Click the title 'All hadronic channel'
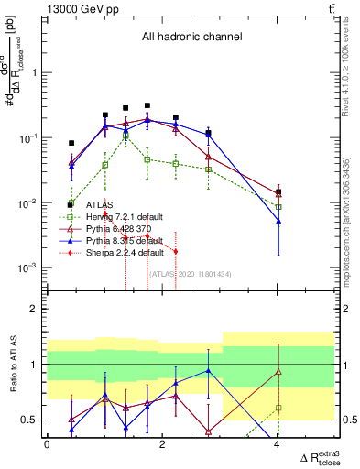tap(191, 38)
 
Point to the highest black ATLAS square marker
tap(147, 105)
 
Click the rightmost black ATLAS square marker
tap(278, 191)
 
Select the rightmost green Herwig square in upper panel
tap(278, 207)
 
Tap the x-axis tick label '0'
tap(47, 444)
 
